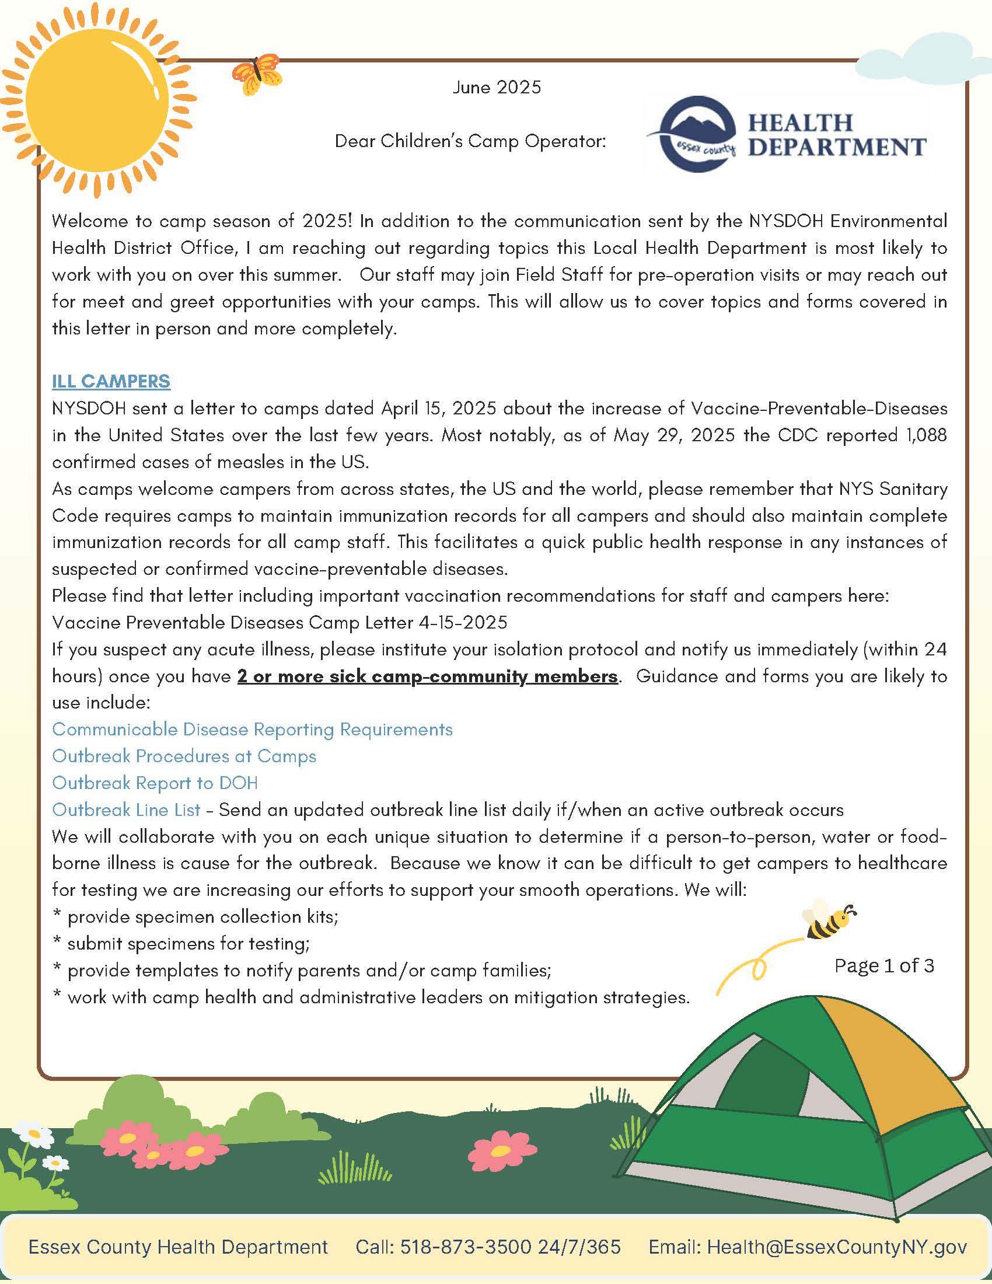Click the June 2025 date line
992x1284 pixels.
click(497, 88)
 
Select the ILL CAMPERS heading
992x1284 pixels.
click(111, 381)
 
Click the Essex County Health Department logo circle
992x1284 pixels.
click(697, 134)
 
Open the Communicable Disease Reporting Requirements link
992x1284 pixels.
click(252, 729)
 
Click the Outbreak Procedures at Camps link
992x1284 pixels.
click(184, 756)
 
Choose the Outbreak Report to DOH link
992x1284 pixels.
click(155, 783)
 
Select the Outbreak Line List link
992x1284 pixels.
click(126, 810)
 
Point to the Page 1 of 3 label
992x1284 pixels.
click(884, 965)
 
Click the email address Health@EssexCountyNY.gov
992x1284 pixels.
click(836, 1247)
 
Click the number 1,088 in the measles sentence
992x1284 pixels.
click(925, 435)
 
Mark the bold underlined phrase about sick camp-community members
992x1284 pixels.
click(427, 676)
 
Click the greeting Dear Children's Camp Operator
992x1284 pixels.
click(470, 141)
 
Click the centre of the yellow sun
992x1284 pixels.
click(97, 100)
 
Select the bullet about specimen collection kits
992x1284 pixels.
click(202, 916)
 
